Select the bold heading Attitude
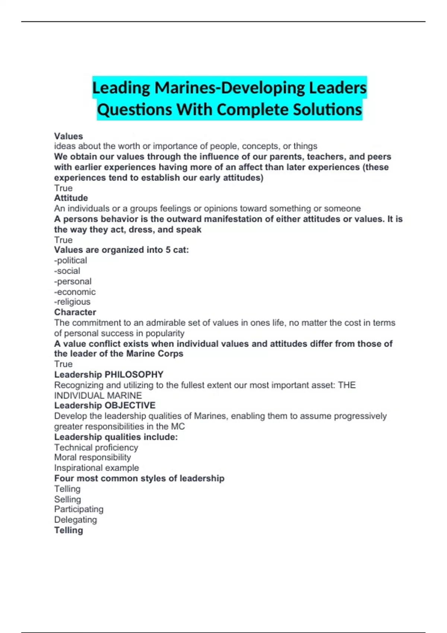click(x=71, y=198)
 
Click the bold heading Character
click(x=75, y=312)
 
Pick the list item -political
click(x=70, y=260)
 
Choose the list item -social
click(x=67, y=271)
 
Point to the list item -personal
click(x=73, y=281)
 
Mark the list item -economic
click(x=75, y=292)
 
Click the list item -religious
click(x=72, y=302)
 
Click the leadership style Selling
click(x=67, y=499)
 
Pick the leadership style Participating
click(x=79, y=509)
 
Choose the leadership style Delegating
click(x=75, y=519)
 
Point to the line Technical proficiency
click(x=96, y=447)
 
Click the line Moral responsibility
click(x=92, y=457)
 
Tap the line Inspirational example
click(x=96, y=468)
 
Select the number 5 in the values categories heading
click(x=168, y=250)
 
